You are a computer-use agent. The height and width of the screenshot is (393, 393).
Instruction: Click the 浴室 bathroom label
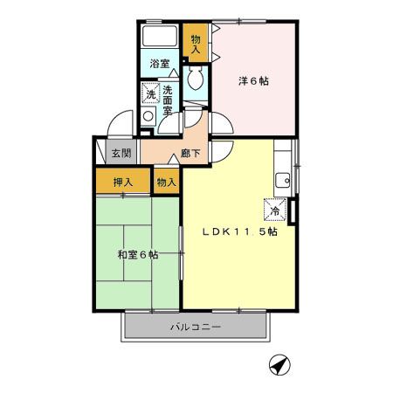coord(158,65)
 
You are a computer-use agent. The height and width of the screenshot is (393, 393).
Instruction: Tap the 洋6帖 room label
coord(254,80)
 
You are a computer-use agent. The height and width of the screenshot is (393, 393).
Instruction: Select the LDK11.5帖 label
coord(240,232)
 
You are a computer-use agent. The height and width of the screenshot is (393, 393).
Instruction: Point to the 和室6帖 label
coord(137,255)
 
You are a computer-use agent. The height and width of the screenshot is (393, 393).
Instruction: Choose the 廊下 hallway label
coord(191,154)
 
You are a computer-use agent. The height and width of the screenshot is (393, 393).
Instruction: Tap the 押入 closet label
coord(123,183)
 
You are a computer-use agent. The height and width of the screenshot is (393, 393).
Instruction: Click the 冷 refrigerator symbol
coord(273,210)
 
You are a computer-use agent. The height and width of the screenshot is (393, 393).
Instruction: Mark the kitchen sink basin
coord(282,181)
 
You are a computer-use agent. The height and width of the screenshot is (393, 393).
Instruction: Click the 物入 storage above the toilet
coord(196,43)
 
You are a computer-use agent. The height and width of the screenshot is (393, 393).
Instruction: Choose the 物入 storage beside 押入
coord(166,183)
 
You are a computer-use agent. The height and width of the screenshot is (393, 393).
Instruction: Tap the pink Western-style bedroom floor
coord(254,109)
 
